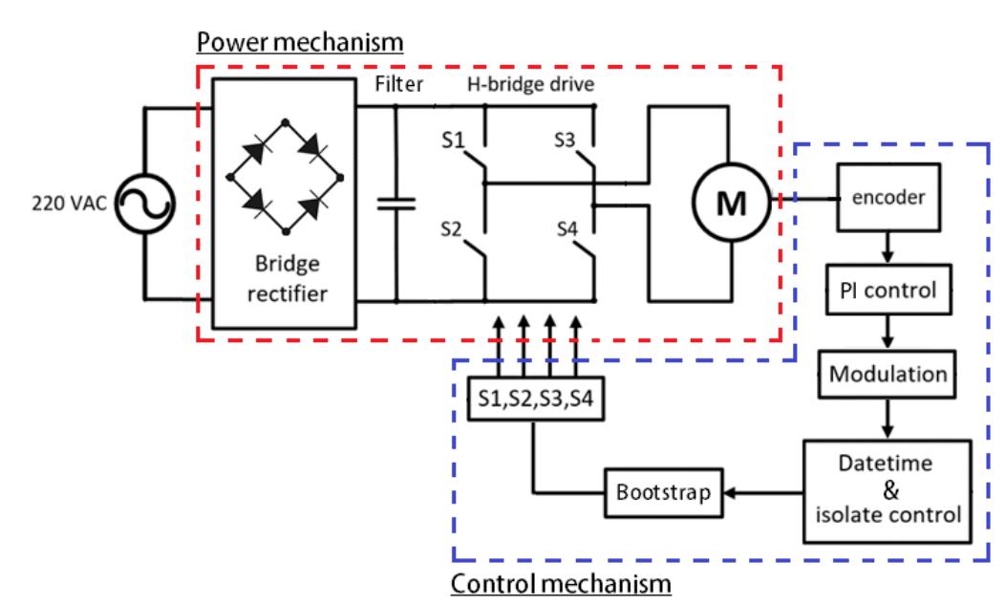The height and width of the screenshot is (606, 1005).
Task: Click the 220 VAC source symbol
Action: [x=142, y=203]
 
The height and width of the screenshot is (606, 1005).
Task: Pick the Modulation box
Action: [x=886, y=374]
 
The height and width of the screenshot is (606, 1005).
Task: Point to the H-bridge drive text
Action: [x=530, y=85]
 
